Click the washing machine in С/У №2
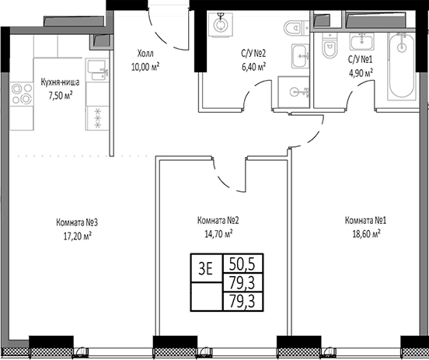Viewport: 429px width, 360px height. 221,24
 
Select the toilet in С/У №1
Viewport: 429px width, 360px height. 330,45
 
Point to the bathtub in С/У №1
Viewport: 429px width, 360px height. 402,66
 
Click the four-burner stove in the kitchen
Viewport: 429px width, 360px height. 22,94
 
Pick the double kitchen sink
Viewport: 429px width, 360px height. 97,70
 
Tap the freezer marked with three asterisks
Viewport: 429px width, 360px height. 97,118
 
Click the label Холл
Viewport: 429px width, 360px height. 145,54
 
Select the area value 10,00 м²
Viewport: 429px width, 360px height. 145,68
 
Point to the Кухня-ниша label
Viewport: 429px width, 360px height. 60,82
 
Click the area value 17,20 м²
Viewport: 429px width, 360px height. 78,236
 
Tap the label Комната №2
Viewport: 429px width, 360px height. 218,221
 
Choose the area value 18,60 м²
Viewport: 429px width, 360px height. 366,234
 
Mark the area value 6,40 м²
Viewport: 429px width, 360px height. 253,67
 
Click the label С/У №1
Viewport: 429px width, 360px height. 360,59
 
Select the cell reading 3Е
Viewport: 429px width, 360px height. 205,269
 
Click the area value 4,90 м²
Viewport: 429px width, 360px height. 360,74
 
